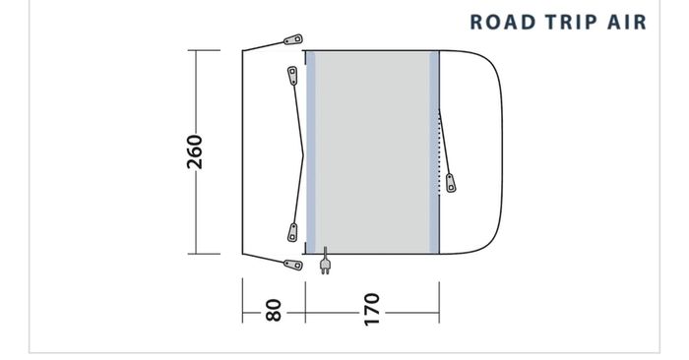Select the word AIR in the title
[627, 23]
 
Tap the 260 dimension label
[195, 151]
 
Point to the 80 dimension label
[274, 310]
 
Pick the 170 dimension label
[372, 310]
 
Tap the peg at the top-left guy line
[293, 40]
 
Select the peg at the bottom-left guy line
[293, 265]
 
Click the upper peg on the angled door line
[292, 75]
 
